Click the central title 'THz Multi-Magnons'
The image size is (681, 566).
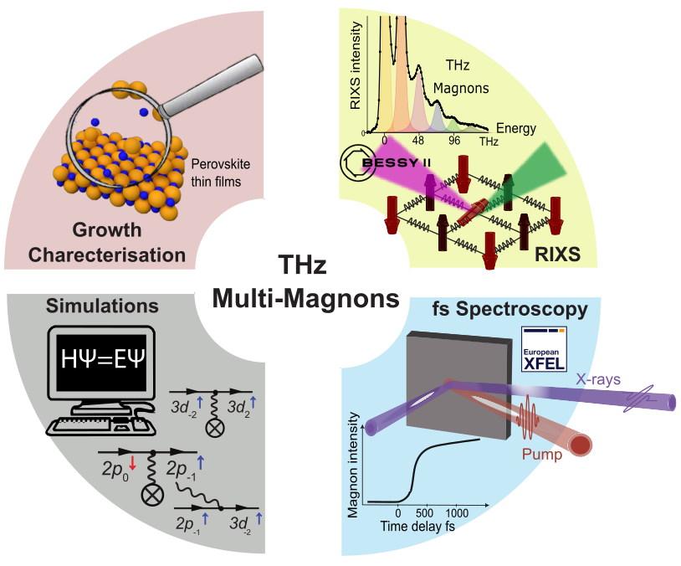click(x=304, y=283)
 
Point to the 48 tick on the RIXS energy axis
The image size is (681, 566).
click(x=419, y=140)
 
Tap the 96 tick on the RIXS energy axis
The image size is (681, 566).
click(x=454, y=140)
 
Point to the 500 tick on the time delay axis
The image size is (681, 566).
click(x=424, y=512)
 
